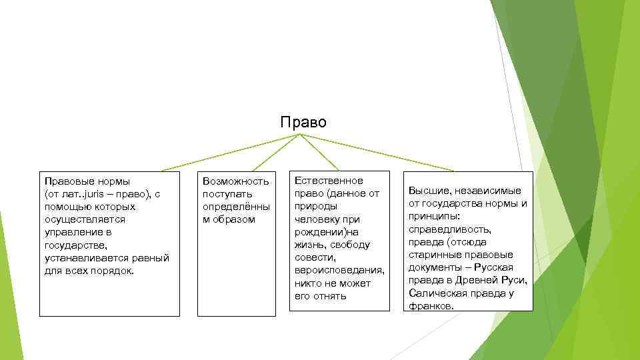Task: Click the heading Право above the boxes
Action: (x=303, y=123)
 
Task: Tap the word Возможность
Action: (x=235, y=181)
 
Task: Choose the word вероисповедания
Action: (x=339, y=270)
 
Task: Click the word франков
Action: (x=431, y=305)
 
